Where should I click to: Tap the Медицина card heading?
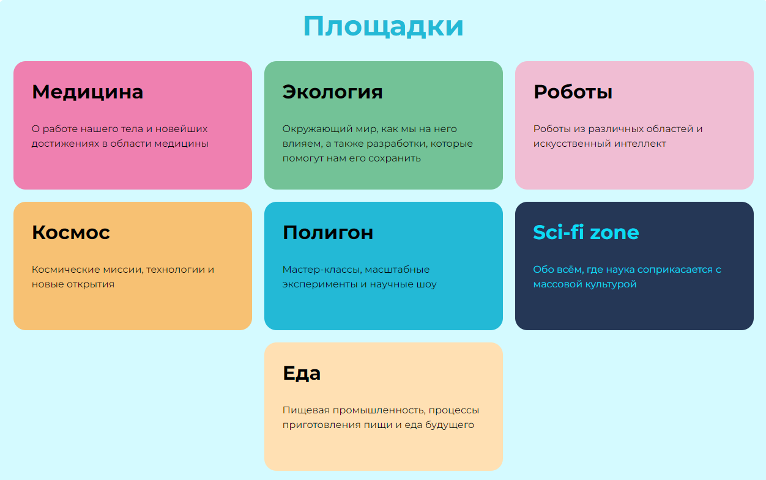(x=87, y=92)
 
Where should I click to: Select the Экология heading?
(x=332, y=92)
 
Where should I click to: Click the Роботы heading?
(x=573, y=92)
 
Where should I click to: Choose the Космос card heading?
(x=71, y=232)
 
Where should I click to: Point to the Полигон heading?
(x=327, y=232)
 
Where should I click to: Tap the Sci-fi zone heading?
(x=586, y=232)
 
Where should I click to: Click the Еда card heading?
(x=302, y=374)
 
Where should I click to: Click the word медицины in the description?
(x=181, y=144)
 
